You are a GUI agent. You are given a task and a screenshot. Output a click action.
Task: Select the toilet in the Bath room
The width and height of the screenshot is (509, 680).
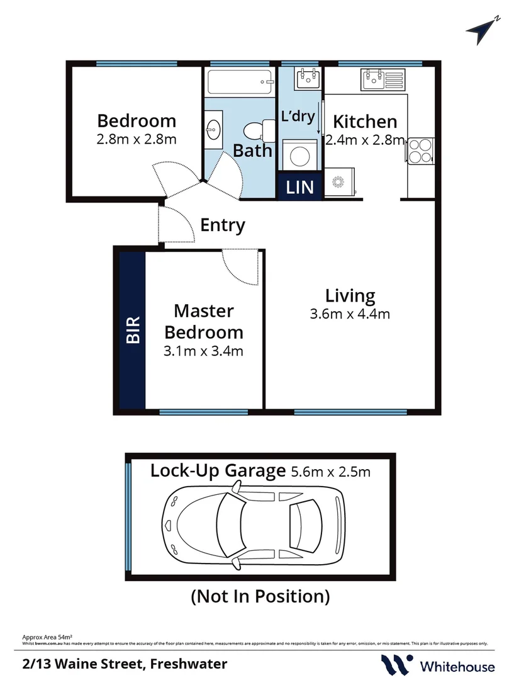256,131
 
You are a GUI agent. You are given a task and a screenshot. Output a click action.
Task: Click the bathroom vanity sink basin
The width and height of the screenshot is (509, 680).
213,129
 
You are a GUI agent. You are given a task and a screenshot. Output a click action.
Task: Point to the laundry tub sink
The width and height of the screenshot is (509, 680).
310,79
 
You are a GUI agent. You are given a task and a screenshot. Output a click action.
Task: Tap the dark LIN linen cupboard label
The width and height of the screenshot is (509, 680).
301,186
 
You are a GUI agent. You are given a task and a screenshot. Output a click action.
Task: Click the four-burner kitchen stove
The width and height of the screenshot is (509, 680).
420,150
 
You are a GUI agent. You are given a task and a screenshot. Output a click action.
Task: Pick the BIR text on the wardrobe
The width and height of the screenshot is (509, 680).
133,330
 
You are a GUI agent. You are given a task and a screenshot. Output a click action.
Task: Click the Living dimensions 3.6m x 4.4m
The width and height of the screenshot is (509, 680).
350,313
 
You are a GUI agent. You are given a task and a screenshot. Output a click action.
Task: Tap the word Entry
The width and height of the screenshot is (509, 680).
223,225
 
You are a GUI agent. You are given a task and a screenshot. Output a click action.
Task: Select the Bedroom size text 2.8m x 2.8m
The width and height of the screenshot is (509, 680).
137,139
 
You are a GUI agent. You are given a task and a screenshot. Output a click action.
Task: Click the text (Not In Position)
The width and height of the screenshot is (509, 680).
260,596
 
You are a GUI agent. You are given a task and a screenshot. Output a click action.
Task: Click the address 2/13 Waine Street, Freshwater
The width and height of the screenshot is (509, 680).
125,664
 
